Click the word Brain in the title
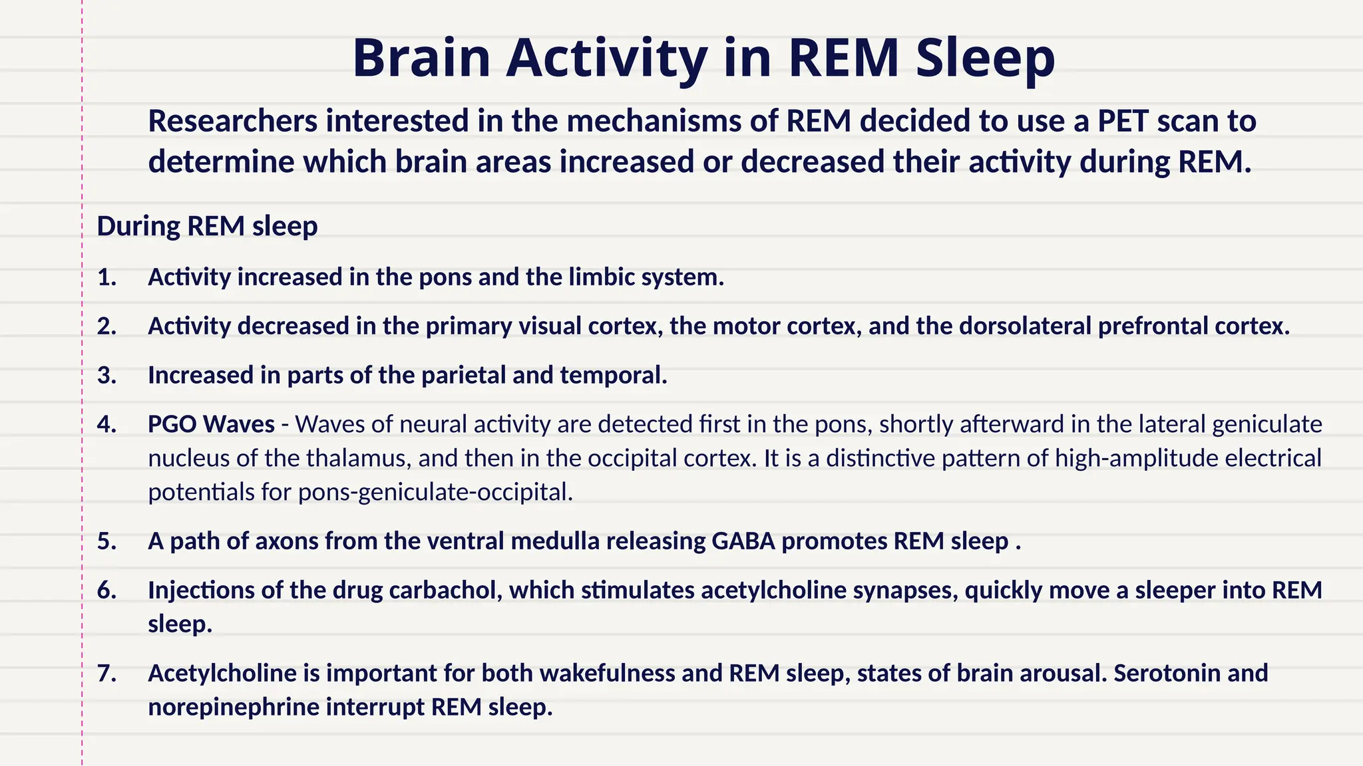pos(421,58)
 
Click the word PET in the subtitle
pos(1123,121)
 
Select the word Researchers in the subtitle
pos(232,121)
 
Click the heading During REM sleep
pos(207,226)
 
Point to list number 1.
pos(106,277)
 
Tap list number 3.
pos(106,376)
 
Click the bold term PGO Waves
pos(211,424)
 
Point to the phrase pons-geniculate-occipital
pos(435,492)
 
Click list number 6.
pos(106,590)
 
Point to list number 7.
pos(106,674)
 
